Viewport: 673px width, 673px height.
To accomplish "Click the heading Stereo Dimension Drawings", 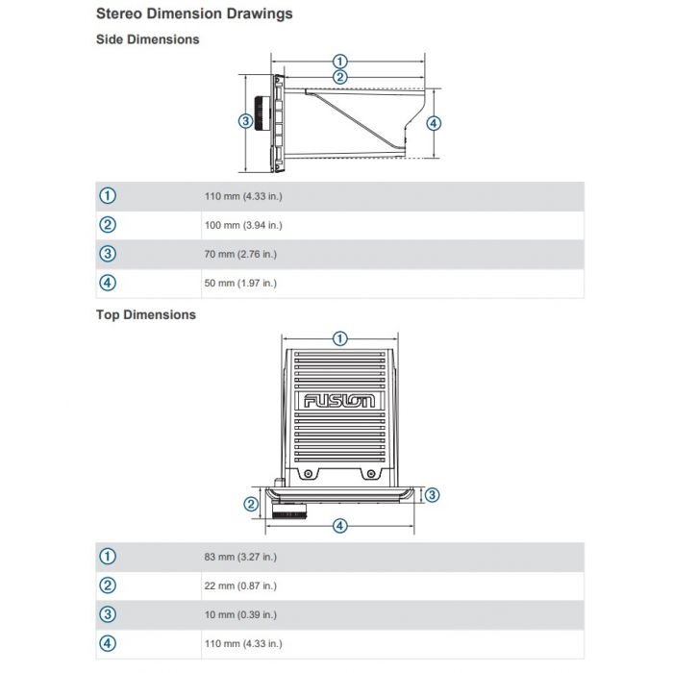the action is [x=194, y=13].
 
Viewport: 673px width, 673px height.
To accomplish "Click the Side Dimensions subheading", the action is [x=148, y=39].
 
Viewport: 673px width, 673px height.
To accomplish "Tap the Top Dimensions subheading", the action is [x=146, y=314].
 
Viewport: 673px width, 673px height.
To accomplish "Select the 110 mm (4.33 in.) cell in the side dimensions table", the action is [x=243, y=196].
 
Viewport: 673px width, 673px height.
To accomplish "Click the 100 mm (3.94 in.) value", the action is [x=243, y=225].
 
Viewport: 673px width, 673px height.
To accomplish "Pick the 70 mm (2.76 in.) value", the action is [x=240, y=254].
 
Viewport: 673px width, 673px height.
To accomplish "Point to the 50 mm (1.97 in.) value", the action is [x=240, y=283].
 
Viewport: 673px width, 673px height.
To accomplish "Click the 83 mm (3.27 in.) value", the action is [x=240, y=557].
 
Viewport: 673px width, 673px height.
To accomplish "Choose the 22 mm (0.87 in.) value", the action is [x=240, y=586].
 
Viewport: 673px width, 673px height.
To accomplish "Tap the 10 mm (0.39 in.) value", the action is [x=240, y=614].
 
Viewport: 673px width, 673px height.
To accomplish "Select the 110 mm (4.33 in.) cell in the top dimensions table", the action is [x=243, y=643].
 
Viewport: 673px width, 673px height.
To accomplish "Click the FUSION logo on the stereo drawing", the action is [x=339, y=401].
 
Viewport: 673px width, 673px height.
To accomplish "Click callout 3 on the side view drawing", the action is [x=245, y=121].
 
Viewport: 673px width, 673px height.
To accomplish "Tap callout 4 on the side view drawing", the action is [x=434, y=124].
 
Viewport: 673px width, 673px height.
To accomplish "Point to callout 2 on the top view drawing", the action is [x=251, y=504].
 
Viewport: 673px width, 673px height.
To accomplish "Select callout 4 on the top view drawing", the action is [x=340, y=526].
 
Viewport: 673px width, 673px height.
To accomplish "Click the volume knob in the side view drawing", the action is [x=262, y=113].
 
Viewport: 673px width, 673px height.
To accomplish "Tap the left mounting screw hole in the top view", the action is [x=309, y=474].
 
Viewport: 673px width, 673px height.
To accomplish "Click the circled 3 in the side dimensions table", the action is [x=108, y=254].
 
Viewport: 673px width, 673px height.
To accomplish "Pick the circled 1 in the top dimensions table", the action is [x=108, y=557].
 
